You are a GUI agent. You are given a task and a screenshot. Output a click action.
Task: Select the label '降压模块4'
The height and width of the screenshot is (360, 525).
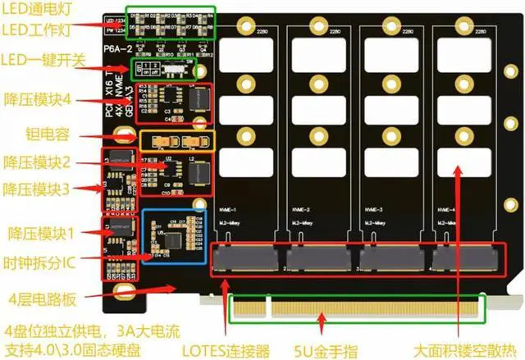[x=38, y=98]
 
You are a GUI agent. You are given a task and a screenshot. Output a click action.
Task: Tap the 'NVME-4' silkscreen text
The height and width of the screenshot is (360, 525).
[x=450, y=208]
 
